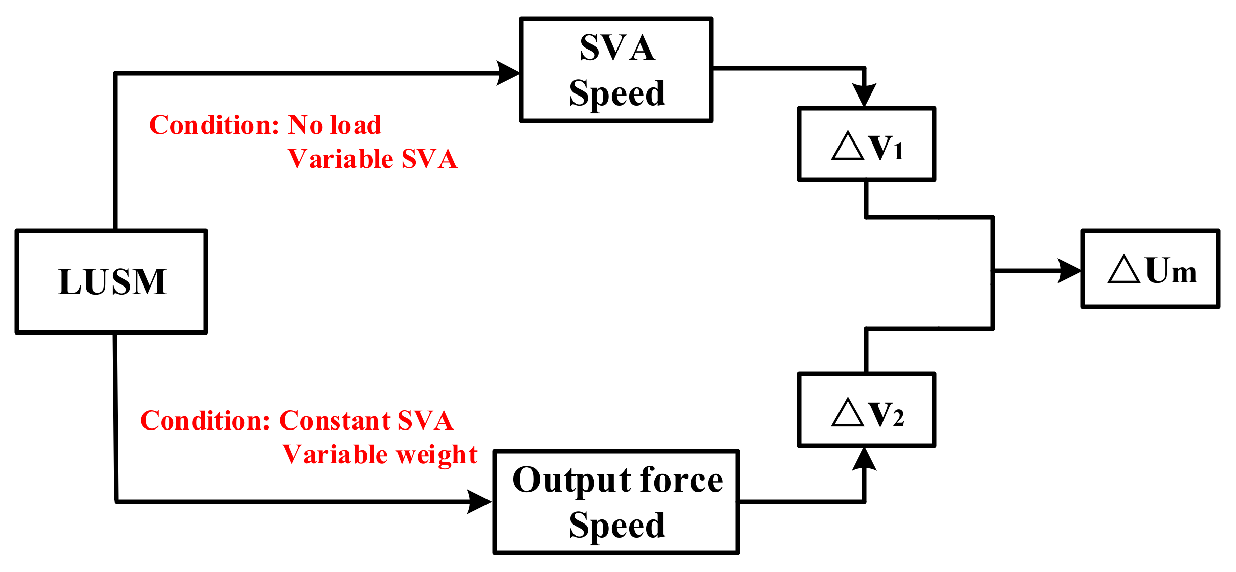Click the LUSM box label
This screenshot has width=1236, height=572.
112,282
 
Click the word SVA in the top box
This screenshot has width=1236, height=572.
617,48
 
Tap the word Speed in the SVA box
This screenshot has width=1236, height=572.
617,93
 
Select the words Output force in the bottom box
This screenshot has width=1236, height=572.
617,480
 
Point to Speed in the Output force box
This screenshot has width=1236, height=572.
617,526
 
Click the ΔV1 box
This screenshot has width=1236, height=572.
866,145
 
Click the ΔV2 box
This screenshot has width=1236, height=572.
866,410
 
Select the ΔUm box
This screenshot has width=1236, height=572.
1151,269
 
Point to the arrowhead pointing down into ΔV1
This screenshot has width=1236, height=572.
864,94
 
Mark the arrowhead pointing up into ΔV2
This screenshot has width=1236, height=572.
864,459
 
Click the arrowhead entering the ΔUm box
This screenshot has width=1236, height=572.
1070,271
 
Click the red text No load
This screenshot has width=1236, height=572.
334,125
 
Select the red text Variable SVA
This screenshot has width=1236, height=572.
372,159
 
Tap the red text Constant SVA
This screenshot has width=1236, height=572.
366,421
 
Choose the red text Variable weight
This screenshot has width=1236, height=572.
379,454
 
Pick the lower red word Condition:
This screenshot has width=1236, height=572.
205,421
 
